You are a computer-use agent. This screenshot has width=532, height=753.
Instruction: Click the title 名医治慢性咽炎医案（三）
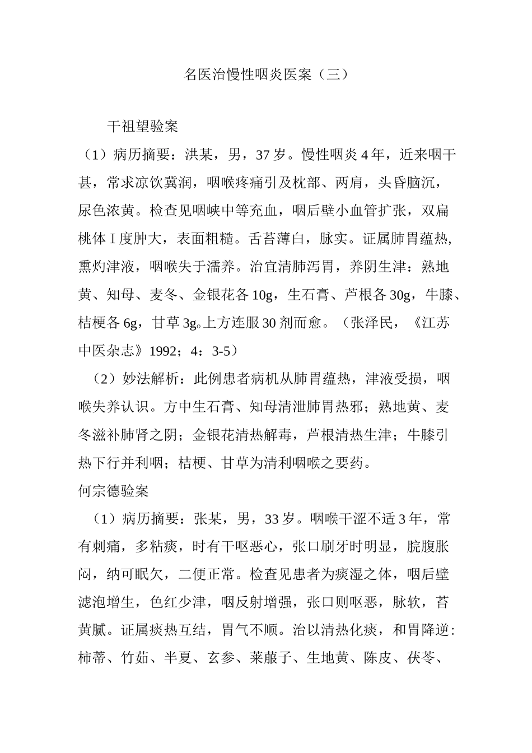266,75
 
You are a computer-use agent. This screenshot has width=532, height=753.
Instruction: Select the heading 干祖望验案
142,127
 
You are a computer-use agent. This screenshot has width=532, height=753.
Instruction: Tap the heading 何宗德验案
113,491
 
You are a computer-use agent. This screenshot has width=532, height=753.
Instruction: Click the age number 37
263,155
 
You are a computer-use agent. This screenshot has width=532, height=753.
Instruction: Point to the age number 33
272,519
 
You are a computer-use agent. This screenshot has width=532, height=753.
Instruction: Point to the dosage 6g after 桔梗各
130,323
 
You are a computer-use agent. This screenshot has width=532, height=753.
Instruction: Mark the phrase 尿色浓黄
106,211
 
